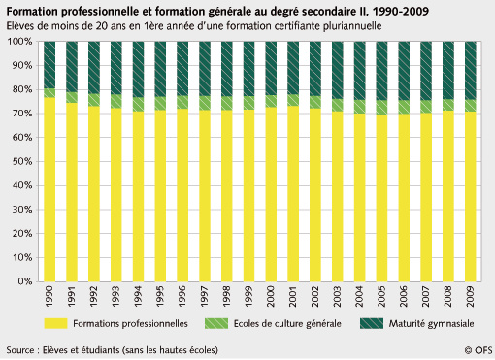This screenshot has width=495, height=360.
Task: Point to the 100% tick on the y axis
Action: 19,42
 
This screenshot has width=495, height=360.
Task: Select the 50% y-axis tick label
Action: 21,162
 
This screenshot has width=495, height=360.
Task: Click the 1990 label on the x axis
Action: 49,296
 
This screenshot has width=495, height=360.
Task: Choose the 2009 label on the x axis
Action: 470,296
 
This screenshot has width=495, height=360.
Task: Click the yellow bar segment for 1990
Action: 49,189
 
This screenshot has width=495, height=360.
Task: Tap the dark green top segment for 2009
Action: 470,70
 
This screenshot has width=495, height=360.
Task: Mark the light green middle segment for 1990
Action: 49,92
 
